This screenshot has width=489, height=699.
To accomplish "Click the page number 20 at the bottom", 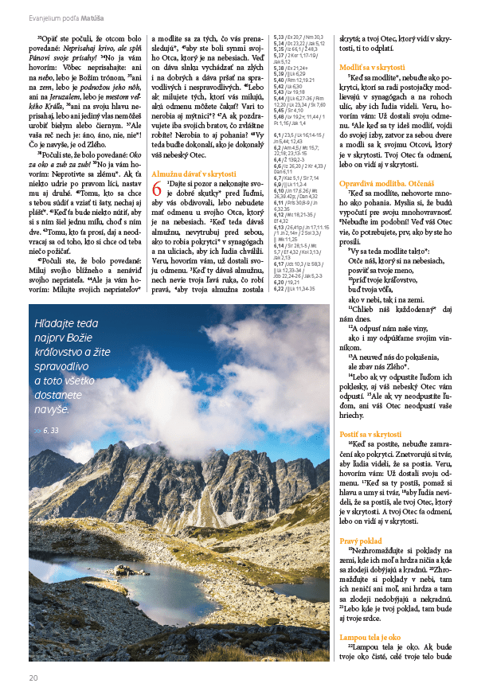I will [33, 678].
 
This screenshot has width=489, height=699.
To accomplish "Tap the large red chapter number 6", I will [157, 210].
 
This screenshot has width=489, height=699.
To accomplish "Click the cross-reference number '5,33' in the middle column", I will [279, 37].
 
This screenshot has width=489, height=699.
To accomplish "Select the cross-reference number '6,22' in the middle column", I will [279, 289].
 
